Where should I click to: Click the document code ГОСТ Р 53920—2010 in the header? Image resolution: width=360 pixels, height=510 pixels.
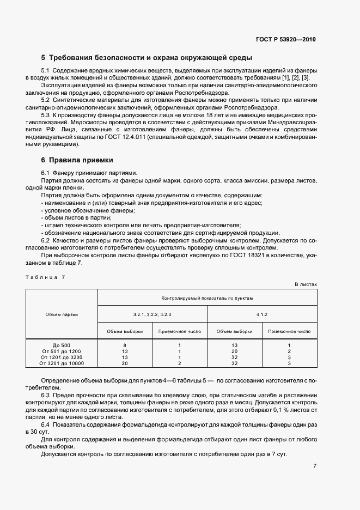[286, 40]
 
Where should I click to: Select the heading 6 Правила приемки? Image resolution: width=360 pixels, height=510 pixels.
[77, 160]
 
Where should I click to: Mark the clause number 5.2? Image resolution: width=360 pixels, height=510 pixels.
[46, 101]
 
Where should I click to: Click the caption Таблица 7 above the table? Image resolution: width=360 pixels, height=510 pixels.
[45, 277]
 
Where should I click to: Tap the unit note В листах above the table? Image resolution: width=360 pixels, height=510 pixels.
[306, 284]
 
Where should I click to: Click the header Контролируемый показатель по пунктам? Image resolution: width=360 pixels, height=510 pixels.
[207, 298]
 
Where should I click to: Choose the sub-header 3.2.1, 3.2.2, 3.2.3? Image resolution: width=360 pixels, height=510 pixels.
[152, 314]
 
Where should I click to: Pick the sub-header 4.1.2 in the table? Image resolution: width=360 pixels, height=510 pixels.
[262, 314]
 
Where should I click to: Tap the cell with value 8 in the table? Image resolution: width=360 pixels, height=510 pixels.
[125, 345]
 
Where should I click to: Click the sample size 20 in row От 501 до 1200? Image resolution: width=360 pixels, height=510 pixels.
[234, 351]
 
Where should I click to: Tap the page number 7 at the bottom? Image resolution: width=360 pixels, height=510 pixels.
[315, 466]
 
